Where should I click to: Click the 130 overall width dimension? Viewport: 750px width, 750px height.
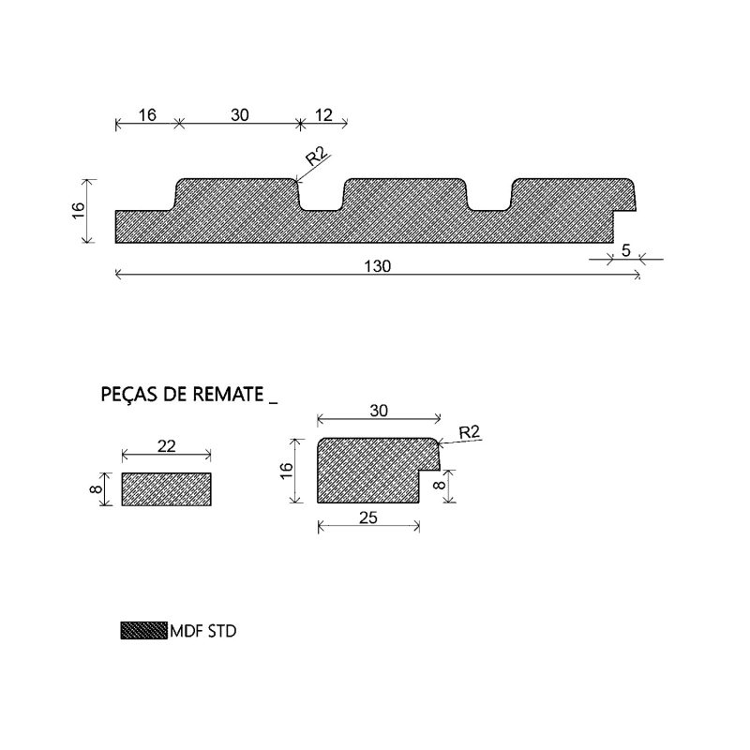(x=378, y=266)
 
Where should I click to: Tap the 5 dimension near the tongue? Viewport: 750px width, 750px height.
(x=625, y=250)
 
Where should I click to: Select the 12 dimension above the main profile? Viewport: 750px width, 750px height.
(x=323, y=115)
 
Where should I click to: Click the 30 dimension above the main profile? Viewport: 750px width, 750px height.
(x=240, y=115)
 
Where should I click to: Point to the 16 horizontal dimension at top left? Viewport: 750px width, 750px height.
(x=147, y=115)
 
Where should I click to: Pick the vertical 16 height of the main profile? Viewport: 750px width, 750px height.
(x=79, y=210)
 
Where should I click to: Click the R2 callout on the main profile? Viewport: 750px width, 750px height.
(x=317, y=157)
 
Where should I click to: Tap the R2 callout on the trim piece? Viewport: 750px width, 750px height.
(x=469, y=432)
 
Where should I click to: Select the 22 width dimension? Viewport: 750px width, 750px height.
(x=167, y=446)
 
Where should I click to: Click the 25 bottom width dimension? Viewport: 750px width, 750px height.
(x=368, y=517)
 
